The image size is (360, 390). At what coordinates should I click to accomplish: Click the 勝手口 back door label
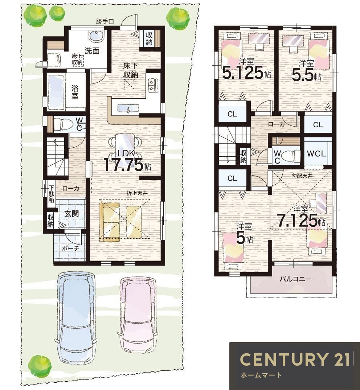105,21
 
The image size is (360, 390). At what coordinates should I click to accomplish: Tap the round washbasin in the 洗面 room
95,36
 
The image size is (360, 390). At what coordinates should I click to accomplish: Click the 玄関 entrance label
71,213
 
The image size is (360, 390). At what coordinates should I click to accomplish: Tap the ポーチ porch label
70,248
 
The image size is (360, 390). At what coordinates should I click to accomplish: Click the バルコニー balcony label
295,279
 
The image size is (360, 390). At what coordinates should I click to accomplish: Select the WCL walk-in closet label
316,154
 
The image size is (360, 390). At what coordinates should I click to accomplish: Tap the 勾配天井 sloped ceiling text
302,176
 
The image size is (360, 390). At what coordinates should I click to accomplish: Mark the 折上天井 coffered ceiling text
137,193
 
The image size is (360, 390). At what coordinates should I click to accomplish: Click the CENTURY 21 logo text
295,359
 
